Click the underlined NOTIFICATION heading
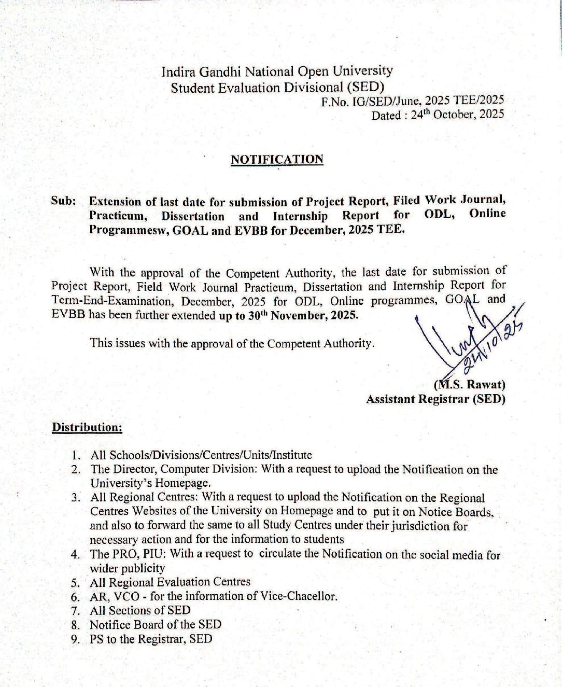click(277, 159)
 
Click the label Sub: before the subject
click(64, 201)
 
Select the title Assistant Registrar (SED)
click(435, 399)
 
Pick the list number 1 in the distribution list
click(76, 456)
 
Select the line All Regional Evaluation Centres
click(170, 582)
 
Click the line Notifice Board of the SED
click(156, 625)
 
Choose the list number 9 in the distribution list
click(76, 639)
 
